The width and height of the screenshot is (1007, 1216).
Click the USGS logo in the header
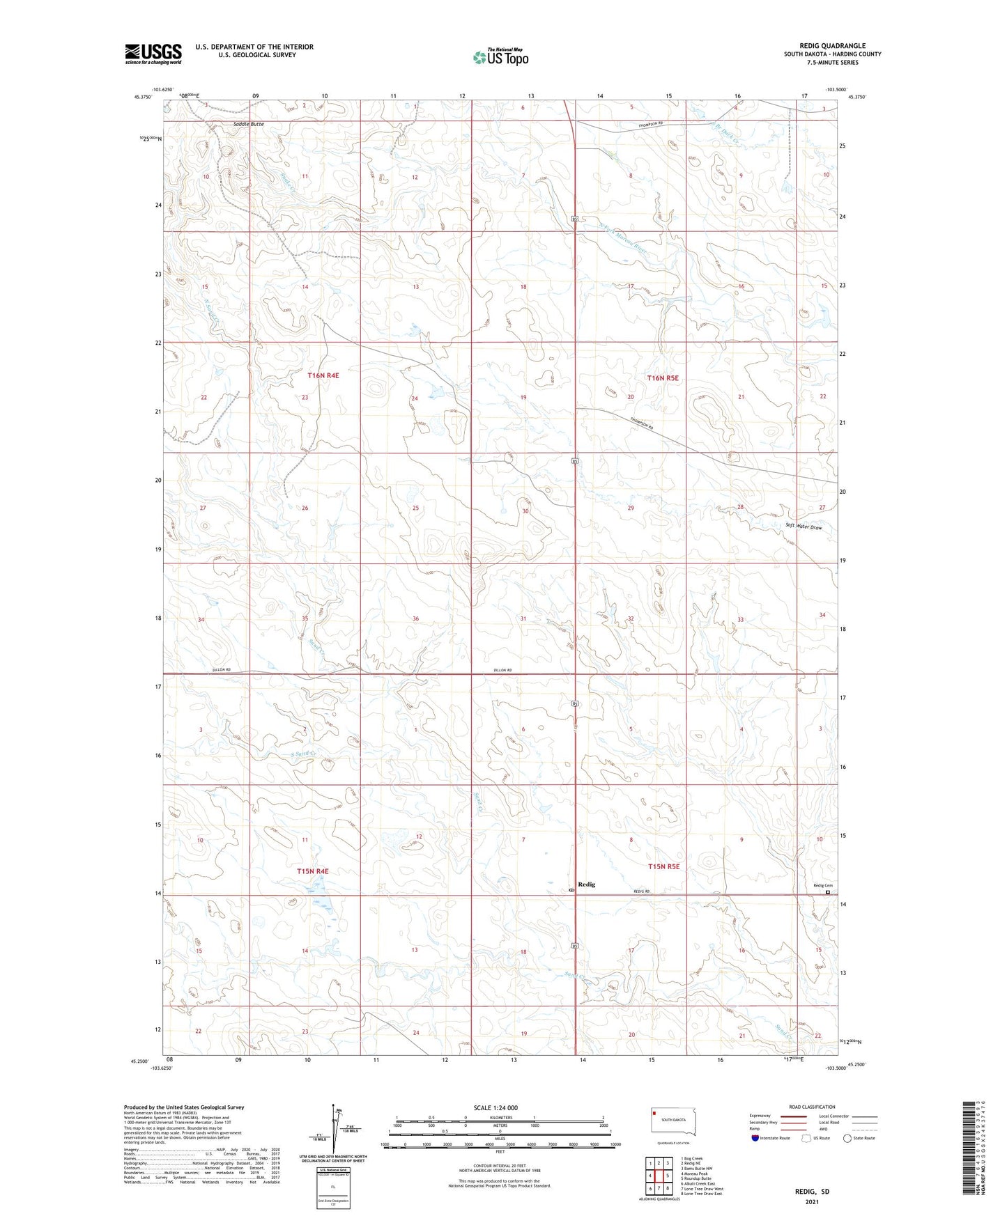point(153,54)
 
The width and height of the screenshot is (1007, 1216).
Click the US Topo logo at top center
point(500,57)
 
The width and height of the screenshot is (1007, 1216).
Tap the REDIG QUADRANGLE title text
point(832,46)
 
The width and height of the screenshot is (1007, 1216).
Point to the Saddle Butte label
point(248,124)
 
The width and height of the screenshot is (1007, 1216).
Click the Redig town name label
point(587,884)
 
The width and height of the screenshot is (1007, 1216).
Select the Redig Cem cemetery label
point(823,886)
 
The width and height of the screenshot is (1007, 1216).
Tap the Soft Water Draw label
point(804,527)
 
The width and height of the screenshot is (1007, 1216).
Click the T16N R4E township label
point(323,375)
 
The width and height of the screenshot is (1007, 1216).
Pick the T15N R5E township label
point(663,866)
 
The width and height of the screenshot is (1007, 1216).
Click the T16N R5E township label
point(663,378)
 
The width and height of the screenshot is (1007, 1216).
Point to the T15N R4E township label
point(312,871)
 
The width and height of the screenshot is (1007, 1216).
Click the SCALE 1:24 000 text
point(495,1108)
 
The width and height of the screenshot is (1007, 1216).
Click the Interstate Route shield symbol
point(756,1138)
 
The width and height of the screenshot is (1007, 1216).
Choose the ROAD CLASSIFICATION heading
point(812,1107)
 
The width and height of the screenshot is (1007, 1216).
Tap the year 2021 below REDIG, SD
point(812,1201)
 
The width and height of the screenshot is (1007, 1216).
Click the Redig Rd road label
point(641,891)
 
